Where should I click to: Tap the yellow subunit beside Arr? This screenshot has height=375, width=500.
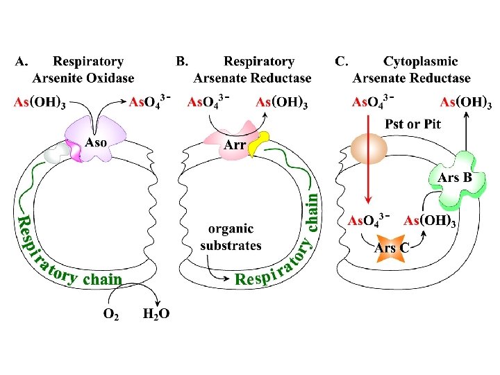tap(258, 144)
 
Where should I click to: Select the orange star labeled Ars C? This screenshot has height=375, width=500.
tap(391, 247)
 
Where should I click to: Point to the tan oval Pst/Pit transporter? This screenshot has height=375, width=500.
tap(369, 149)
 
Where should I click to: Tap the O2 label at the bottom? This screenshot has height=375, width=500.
tap(110, 313)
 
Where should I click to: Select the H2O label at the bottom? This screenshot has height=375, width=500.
tap(156, 313)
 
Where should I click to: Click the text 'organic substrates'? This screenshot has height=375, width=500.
tap(231, 237)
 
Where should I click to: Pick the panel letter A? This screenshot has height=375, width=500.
tap(22, 62)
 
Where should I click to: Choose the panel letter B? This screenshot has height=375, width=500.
tap(181, 62)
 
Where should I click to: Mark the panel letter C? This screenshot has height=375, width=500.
tap(342, 62)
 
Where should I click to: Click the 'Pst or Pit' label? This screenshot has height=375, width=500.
tap(412, 124)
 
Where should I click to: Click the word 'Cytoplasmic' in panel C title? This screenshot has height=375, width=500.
tap(420, 62)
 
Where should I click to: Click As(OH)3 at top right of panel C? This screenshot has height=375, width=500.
tap(466, 103)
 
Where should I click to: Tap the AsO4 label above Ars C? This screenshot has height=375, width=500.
tap(368, 221)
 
